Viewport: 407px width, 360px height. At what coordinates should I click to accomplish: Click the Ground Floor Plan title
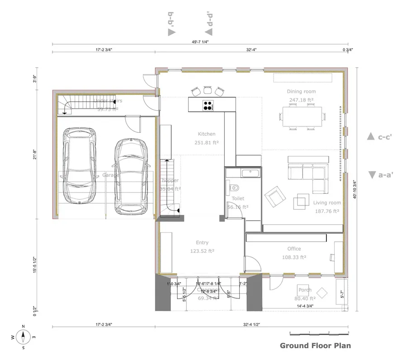point(315,346)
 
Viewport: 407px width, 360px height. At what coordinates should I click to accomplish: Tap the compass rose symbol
point(23,337)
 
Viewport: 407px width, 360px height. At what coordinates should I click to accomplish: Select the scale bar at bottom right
point(319,333)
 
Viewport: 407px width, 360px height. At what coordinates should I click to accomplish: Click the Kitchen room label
point(206,134)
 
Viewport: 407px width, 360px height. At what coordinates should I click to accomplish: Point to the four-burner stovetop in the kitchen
point(208,105)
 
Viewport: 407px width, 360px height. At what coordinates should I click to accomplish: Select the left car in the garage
point(80,165)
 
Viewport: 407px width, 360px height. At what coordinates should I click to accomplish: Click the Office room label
point(294,249)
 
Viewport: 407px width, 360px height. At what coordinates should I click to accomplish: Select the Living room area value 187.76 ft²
point(326,210)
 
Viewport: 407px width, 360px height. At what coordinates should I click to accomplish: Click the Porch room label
point(304,290)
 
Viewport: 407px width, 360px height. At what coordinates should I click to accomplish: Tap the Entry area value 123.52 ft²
point(202,251)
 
